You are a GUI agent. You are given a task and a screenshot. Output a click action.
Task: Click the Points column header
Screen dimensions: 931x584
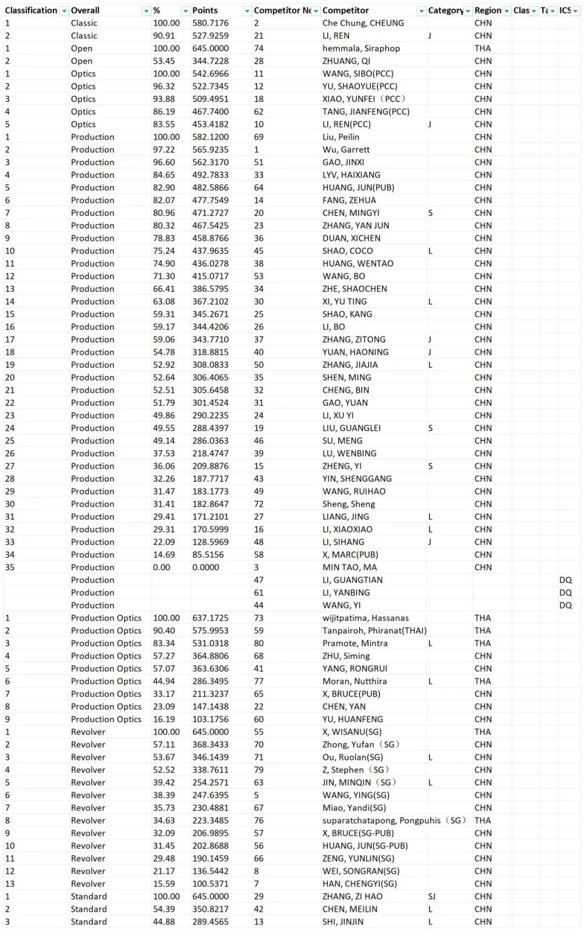[x=205, y=10]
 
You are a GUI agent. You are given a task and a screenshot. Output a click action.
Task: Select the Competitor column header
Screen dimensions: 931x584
[x=346, y=10]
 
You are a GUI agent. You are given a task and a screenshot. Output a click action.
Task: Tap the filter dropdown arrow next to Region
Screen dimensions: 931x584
[x=507, y=11]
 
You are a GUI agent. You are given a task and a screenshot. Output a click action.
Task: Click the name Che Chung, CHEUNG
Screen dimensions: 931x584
[x=363, y=23]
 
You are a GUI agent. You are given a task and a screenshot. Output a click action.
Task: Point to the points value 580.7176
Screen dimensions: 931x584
[x=210, y=23]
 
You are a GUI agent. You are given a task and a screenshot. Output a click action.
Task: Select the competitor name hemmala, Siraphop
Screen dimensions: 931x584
[x=361, y=48]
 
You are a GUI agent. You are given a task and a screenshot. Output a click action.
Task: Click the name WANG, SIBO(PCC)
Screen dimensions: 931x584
[x=357, y=73]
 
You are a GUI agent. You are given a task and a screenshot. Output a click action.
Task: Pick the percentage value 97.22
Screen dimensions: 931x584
[x=164, y=150]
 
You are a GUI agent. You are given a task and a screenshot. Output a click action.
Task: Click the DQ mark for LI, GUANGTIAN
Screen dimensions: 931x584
[x=565, y=580]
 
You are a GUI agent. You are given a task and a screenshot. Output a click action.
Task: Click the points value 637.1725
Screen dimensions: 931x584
[x=210, y=618]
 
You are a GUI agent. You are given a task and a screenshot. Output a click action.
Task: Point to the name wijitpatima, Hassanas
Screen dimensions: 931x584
[x=366, y=618]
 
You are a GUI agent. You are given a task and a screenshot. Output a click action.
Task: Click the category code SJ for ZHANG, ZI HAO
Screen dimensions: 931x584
[x=432, y=896]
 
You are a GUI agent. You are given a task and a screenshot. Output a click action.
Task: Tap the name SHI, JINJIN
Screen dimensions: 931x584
[x=343, y=922]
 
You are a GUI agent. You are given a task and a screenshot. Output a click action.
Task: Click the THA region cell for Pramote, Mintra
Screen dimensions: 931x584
[x=482, y=643]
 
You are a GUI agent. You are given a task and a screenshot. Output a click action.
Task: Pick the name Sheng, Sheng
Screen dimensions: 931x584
[x=348, y=504]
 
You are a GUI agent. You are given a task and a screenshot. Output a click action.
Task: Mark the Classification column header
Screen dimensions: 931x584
[x=31, y=10]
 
